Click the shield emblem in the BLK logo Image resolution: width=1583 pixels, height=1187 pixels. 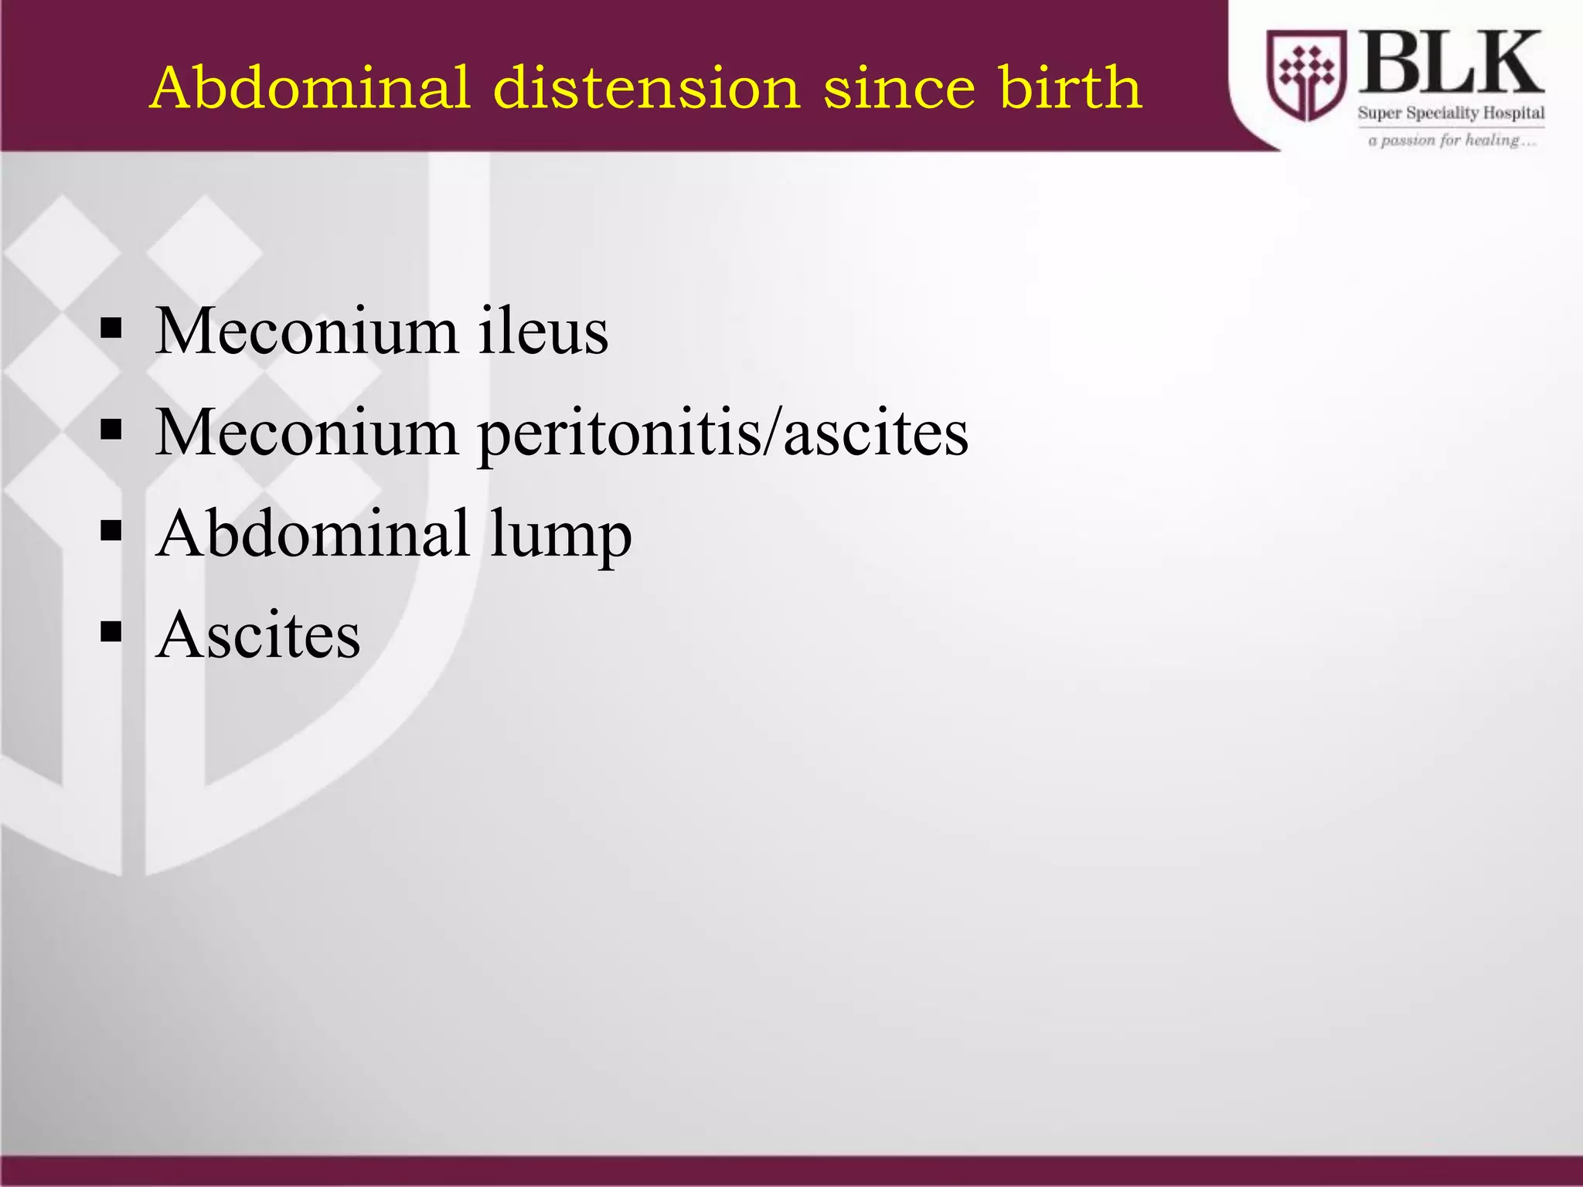1306,75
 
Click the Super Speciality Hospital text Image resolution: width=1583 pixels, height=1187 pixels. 1451,113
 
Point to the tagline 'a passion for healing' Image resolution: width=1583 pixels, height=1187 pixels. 1451,141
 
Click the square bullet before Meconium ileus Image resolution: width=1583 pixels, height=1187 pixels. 111,329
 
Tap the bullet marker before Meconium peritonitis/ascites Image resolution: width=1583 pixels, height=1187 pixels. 111,430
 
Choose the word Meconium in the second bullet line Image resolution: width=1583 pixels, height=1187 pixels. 307,433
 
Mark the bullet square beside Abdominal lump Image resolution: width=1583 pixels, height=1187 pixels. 111,531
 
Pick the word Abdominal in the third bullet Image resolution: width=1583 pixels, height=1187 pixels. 313,533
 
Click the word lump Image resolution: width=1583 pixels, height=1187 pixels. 560,536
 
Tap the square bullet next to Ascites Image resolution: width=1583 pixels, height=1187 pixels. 111,632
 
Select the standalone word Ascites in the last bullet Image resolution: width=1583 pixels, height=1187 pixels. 258,635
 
